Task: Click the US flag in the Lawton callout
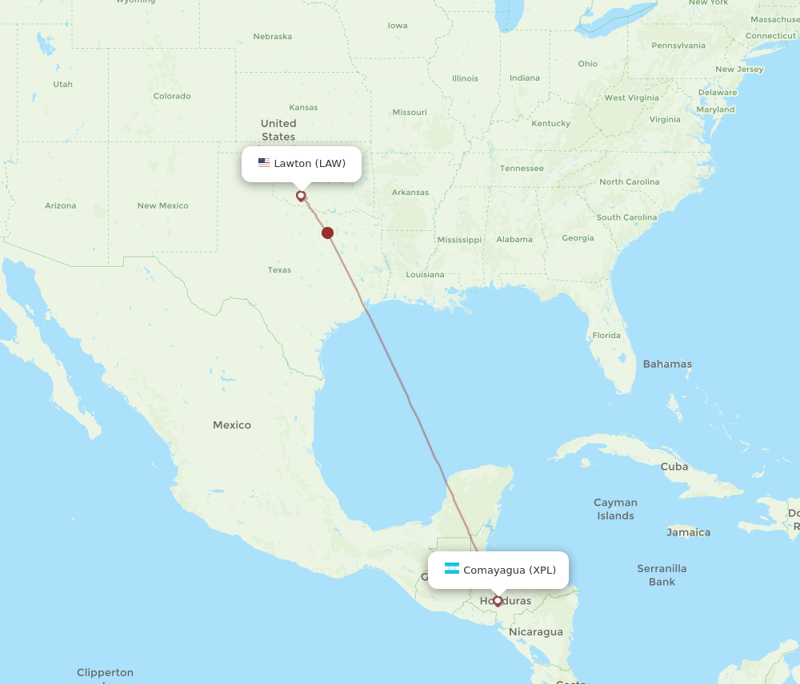pos(264,163)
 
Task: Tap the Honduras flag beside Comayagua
pos(452,569)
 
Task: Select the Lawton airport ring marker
pos(301,195)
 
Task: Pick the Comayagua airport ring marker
pos(498,600)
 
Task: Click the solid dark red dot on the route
pos(327,233)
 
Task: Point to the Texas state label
pos(279,270)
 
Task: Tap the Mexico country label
pos(232,425)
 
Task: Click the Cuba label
pos(674,467)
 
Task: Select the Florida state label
pos(606,336)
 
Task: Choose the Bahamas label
pos(667,364)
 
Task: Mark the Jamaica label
pos(689,532)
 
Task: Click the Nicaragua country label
pos(536,632)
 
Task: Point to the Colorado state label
pos(172,96)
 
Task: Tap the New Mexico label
pos(162,205)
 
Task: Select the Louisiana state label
pos(425,275)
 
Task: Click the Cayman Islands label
pos(615,509)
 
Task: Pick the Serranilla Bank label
pos(662,575)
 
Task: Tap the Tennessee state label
pos(522,169)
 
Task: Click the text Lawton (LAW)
pos(310,164)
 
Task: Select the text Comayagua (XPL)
pos(510,570)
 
